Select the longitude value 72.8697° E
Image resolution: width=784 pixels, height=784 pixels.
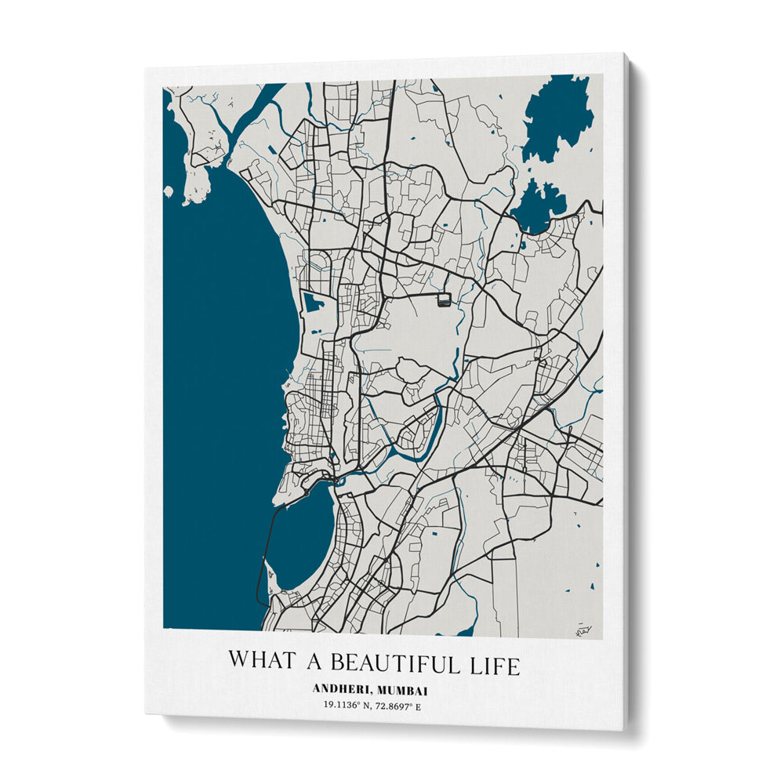[401, 706]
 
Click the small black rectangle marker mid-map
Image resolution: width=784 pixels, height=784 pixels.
[443, 298]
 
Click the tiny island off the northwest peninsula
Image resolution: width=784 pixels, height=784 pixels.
[169, 191]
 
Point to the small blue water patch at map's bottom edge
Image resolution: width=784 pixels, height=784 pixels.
[467, 631]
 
